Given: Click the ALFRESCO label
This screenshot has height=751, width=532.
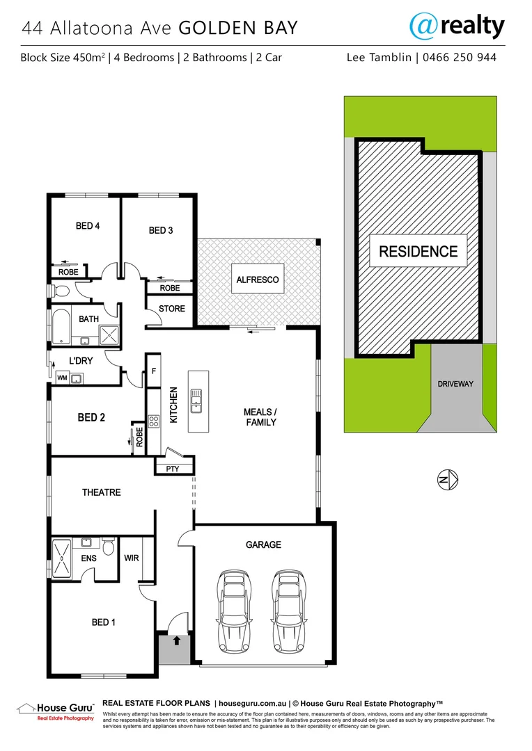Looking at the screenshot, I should pos(258,280).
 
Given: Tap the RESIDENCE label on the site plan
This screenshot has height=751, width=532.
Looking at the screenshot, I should pos(418,252).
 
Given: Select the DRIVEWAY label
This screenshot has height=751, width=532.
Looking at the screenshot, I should pos(456,384).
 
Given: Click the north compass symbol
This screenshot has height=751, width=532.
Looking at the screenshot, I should pos(446,478).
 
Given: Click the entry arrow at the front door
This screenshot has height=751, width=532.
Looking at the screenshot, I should pos(176,640).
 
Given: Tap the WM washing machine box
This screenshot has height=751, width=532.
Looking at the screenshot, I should pos(62,378).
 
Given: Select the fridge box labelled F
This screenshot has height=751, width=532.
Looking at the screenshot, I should pos(153,371).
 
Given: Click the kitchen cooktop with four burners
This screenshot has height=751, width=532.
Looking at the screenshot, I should pos(154,421).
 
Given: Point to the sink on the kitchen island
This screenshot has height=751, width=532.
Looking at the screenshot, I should pos(198,399).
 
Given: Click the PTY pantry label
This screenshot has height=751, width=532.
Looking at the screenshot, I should pos(173,469).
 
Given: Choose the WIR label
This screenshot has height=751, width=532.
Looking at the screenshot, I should pos(131,558).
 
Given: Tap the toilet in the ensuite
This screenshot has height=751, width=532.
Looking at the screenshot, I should pos(108,548).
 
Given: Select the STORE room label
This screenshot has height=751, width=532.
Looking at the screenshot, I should pos(172,308).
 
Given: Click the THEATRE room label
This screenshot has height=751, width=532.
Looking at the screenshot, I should pos(102,492).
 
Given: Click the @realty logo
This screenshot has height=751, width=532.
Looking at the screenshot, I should pos(456,26).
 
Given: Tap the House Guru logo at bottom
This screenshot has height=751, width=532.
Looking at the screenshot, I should pos(56,710).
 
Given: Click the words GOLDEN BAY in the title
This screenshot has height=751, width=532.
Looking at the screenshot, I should pos(238,28).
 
